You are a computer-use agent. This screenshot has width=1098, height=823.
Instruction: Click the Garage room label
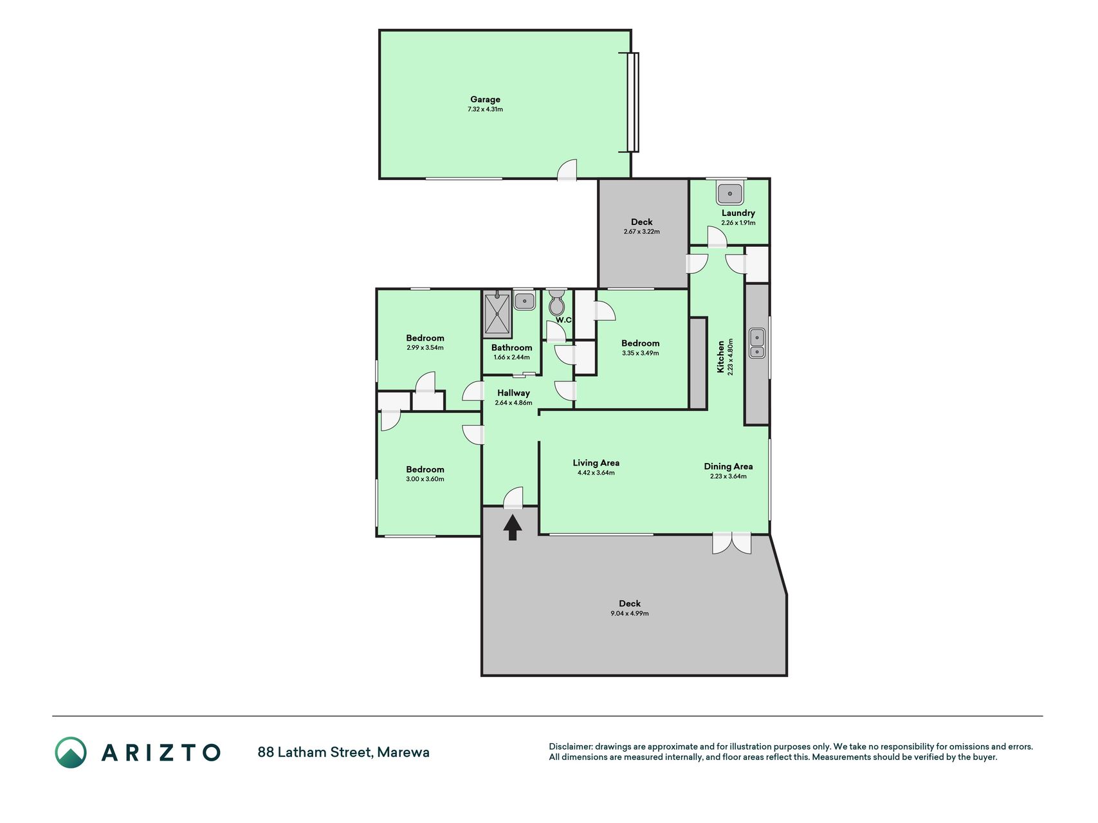[485, 100]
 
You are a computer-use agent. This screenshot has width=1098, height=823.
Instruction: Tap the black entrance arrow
[513, 528]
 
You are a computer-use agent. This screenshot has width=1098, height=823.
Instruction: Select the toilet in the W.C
[557, 302]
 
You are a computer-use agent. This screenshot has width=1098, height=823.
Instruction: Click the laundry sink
[730, 192]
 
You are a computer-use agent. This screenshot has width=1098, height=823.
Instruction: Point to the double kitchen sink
[757, 343]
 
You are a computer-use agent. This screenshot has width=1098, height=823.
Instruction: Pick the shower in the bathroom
[497, 314]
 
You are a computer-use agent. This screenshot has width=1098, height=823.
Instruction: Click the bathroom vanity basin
[524, 300]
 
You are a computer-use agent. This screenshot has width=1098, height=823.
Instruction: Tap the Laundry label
[738, 213]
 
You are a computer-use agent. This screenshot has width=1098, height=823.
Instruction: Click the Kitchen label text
[720, 357]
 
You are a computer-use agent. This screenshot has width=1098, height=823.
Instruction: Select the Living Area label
[596, 463]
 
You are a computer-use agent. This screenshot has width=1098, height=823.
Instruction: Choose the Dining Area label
[728, 467]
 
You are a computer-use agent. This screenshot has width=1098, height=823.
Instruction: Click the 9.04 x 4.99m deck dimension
[630, 613]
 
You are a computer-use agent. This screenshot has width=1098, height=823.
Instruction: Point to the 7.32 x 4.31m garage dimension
[485, 109]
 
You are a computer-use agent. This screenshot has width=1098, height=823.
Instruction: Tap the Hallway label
[513, 393]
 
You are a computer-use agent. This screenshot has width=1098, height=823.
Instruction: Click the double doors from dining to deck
[732, 543]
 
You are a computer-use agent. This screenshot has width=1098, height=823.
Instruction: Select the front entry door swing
[513, 498]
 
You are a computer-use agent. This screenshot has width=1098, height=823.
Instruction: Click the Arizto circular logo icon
[70, 752]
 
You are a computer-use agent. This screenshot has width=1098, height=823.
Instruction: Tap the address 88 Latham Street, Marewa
[343, 752]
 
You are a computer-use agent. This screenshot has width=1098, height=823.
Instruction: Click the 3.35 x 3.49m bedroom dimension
[641, 353]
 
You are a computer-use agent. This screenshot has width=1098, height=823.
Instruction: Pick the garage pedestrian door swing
[567, 170]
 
